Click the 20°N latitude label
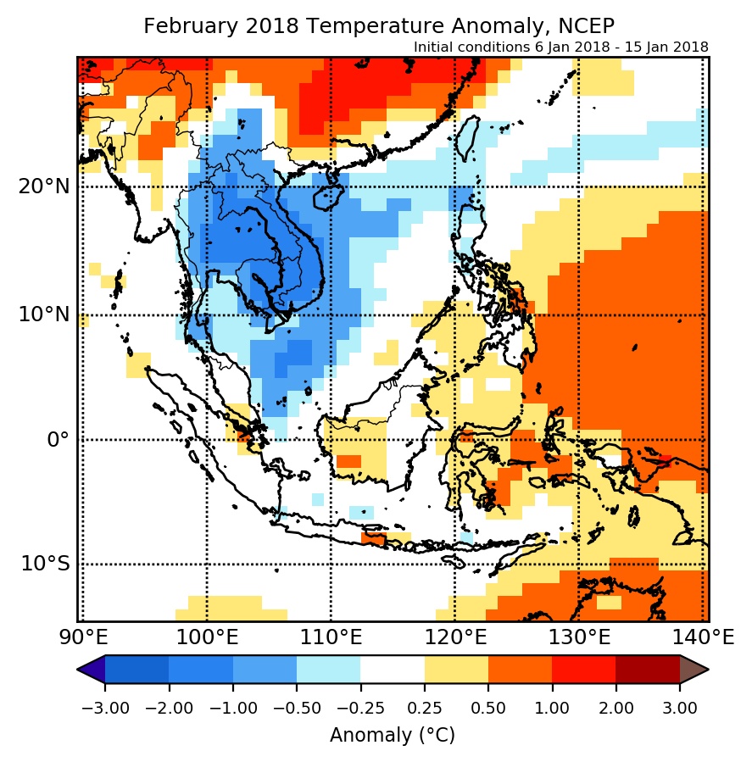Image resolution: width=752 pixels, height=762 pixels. [43, 186]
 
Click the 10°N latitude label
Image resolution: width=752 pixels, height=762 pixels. [43, 314]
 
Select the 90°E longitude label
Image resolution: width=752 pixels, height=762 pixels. [82, 637]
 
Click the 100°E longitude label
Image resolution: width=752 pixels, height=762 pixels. [206, 637]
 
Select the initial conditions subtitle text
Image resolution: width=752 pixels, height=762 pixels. [560, 47]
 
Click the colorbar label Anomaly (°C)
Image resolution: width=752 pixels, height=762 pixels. [393, 735]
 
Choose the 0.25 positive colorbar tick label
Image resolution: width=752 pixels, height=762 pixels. [424, 708]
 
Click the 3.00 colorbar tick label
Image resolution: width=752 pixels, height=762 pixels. [680, 708]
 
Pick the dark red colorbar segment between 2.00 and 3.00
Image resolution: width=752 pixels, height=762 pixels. [647, 670]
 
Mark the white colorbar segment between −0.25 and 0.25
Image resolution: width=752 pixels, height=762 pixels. [392, 670]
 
